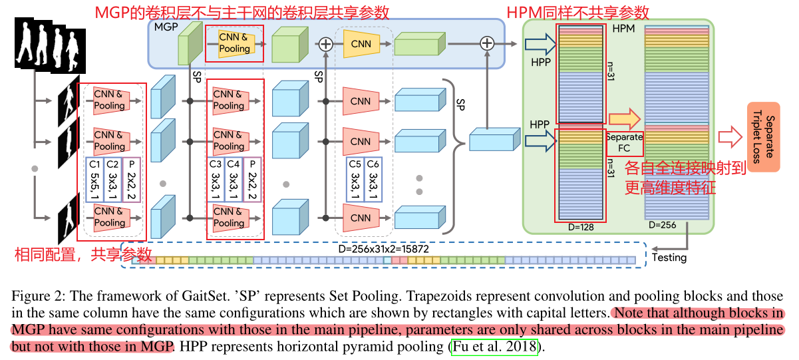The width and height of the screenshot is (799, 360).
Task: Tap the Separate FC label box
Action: [624, 142]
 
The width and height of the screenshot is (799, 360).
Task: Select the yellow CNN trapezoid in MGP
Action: [361, 44]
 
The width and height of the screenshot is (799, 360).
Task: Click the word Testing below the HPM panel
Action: [669, 258]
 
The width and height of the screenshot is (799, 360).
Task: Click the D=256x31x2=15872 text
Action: [382, 249]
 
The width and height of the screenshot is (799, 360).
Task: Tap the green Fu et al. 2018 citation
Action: [494, 347]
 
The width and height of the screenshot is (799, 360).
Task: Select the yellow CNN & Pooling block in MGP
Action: [235, 43]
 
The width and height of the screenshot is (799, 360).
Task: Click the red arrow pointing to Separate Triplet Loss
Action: [730, 138]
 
